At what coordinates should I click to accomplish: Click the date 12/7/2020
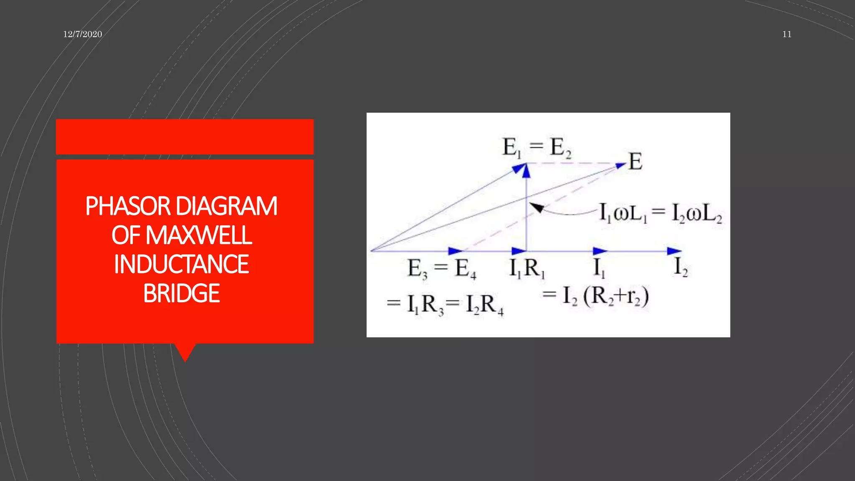point(83,34)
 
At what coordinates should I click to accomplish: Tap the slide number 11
point(787,34)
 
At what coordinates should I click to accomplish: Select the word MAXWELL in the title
point(199,235)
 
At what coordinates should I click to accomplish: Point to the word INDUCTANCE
point(182,264)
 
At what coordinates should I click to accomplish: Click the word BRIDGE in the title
point(182,293)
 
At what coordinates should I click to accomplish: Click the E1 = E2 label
point(536,147)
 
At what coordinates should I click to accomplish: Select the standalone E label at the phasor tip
point(635,162)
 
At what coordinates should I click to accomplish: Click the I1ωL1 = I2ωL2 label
point(660,213)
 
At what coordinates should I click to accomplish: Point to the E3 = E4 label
point(442,268)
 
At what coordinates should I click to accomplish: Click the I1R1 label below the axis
point(527,268)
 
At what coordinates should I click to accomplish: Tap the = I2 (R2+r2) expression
point(596,296)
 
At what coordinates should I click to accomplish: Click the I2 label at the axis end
point(680,267)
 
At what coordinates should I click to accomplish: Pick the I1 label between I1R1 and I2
point(600,268)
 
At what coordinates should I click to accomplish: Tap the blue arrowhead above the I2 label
point(673,251)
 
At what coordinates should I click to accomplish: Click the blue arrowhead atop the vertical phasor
point(526,171)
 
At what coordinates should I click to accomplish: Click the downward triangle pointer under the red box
point(185,352)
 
